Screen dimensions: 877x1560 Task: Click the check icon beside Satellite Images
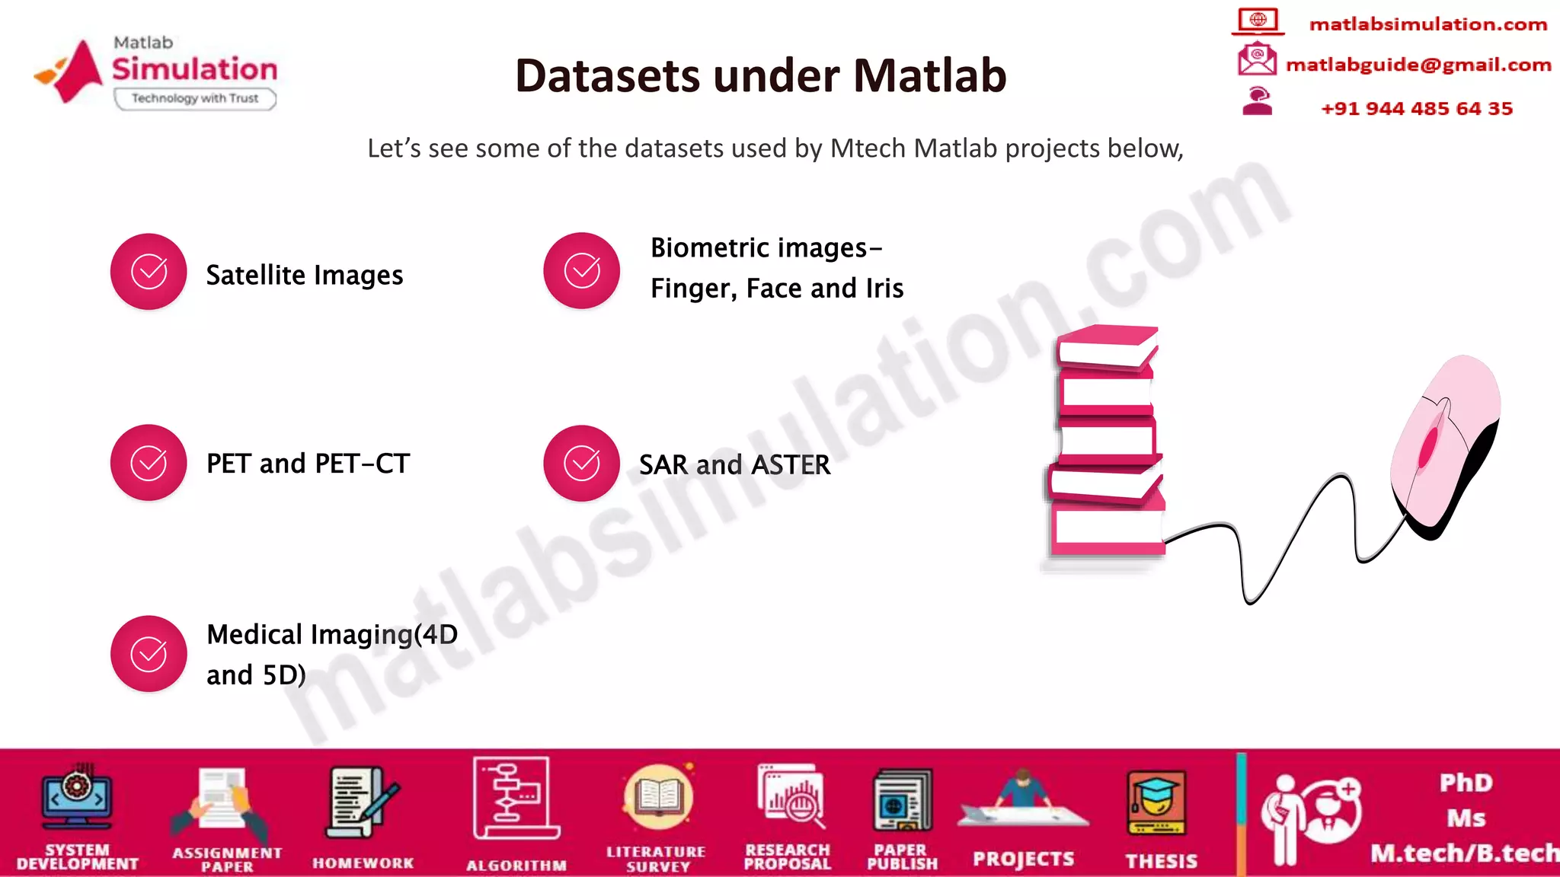[x=149, y=272]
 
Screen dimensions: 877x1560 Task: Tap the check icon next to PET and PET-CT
[x=149, y=463]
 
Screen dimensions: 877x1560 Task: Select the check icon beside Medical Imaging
[x=149, y=654]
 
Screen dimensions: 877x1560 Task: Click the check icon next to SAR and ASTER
[x=581, y=464]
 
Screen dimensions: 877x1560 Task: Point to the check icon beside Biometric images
[x=581, y=271]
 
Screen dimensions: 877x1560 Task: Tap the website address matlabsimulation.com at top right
[x=1427, y=24]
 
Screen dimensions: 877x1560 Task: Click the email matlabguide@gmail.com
[x=1418, y=65]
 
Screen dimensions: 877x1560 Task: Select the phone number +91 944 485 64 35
[x=1416, y=109]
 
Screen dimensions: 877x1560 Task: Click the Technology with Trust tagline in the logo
[x=195, y=98]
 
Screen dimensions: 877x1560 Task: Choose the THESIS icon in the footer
[x=1157, y=804]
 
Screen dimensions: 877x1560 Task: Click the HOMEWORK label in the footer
[x=363, y=863]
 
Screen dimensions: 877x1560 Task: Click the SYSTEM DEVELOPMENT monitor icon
[x=76, y=799]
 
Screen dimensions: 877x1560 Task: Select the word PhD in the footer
[x=1466, y=783]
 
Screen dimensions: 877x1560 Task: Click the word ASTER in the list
[x=790, y=465]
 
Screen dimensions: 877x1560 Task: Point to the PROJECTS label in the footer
[x=1023, y=859]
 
